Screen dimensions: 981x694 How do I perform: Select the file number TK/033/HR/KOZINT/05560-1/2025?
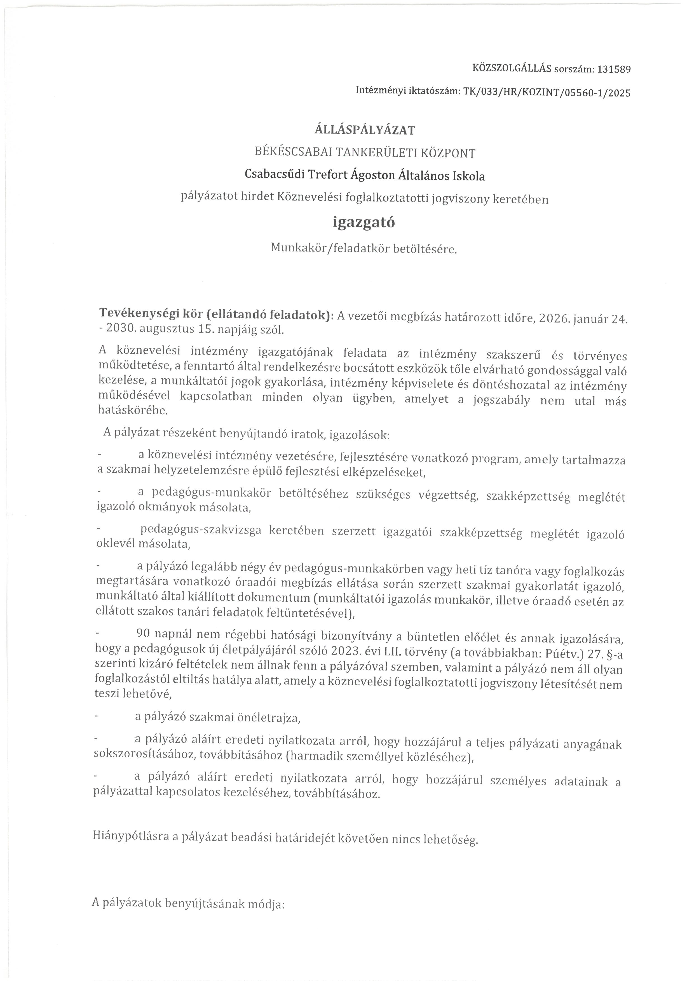tap(547, 92)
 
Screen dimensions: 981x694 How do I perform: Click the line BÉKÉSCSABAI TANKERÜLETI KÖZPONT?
tap(365, 152)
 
